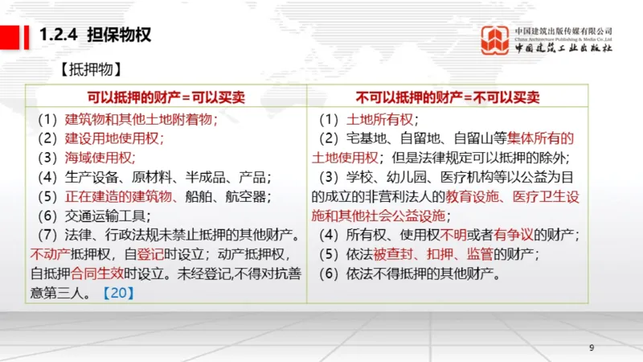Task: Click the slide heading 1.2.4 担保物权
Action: [x=96, y=35]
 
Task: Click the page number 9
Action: [x=592, y=348]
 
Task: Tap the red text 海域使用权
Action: [x=100, y=158]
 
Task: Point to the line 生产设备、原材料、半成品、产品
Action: [x=157, y=177]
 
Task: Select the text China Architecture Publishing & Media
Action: [x=563, y=38]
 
